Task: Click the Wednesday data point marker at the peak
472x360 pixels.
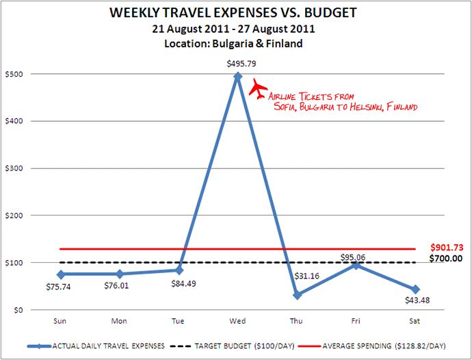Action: (x=238, y=77)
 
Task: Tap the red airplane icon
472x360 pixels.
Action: (x=258, y=88)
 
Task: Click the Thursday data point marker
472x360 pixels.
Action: (x=297, y=295)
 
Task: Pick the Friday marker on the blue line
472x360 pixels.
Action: (x=356, y=265)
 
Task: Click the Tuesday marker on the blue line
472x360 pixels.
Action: (x=179, y=270)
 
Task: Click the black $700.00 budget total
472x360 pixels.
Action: (x=446, y=259)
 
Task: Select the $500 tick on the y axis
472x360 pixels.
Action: (x=15, y=74)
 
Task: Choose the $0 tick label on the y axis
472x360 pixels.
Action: (x=20, y=310)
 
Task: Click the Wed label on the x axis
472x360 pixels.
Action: (x=238, y=320)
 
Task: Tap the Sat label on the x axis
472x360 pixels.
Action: (x=415, y=320)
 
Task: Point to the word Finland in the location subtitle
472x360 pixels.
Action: (x=288, y=43)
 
